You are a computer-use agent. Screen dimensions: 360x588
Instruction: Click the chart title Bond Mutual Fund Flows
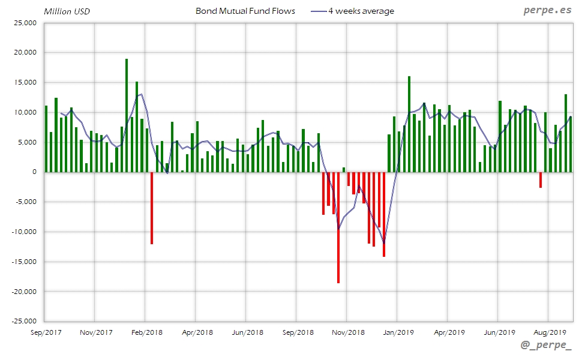pos(245,11)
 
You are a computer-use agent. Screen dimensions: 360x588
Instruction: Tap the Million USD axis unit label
pos(67,11)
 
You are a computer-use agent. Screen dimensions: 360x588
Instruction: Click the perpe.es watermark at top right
pos(547,10)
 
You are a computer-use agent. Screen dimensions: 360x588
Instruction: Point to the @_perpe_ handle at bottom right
pos(547,347)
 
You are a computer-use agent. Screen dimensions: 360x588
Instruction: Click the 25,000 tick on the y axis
pos(25,23)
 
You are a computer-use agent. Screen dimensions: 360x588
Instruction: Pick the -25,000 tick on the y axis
pos(24,322)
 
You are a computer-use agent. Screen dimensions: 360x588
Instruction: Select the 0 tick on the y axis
pos(34,172)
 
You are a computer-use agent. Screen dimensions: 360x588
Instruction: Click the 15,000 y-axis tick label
pos(25,83)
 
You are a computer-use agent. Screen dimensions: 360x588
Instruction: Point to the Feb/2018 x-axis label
pos(146,332)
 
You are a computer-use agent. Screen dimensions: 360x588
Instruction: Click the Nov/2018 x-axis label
pos(348,332)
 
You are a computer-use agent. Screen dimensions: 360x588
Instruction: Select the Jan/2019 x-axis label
pos(398,332)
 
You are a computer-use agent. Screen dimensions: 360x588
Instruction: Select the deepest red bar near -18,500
pos(338,227)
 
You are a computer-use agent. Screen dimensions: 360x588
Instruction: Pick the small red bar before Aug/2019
pos(541,179)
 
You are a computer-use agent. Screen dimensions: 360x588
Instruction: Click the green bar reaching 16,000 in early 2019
pos(409,124)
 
